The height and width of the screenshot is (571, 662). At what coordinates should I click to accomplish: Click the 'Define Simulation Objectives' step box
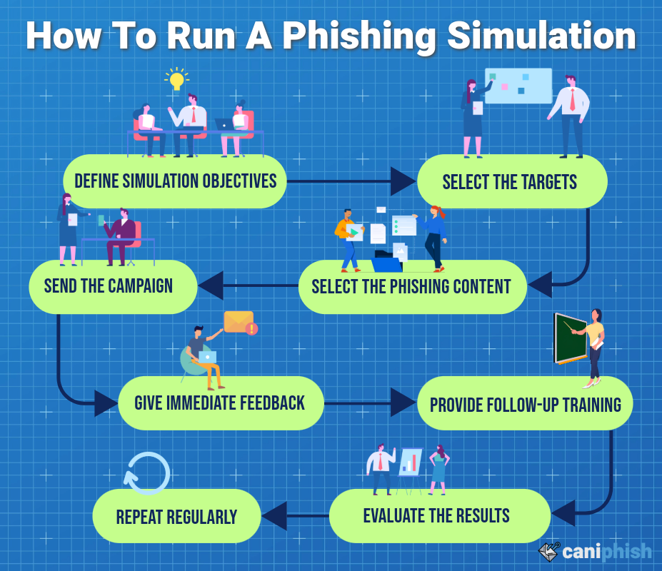pos(175,181)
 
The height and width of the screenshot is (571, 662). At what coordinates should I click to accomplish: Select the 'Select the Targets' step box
pos(511,182)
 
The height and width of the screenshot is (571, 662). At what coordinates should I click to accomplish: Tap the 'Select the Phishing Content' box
pos(412,287)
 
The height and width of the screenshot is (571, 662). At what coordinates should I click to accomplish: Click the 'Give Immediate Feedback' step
pos(220,403)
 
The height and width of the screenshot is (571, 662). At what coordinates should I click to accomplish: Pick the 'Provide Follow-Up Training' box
pos(525,405)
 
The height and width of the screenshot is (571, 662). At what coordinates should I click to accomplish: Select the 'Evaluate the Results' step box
pos(438,515)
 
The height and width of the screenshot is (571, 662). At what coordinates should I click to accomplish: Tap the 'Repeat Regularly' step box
pos(176,516)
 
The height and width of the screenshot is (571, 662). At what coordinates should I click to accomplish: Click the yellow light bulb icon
pos(176,79)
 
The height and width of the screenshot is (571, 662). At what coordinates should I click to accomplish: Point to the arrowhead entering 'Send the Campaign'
pos(211,285)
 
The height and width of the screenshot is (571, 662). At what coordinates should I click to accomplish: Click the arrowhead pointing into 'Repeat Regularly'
pos(274,515)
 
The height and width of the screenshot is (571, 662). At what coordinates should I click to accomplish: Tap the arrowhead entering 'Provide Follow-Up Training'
pos(403,403)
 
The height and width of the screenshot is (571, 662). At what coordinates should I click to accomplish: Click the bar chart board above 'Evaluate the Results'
pos(410,462)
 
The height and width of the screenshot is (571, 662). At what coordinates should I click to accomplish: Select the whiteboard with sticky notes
pos(518,86)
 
